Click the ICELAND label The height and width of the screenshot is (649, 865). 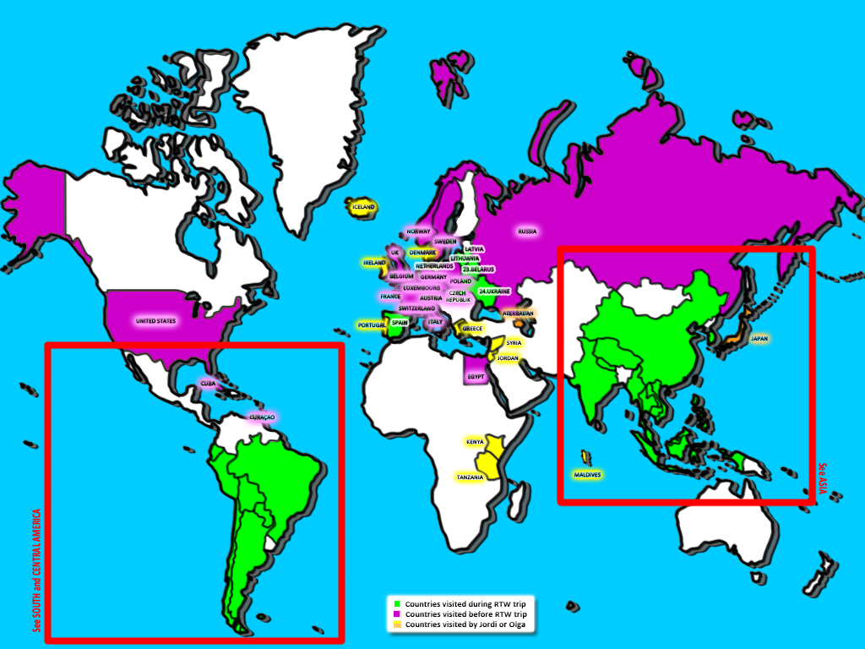point(363,206)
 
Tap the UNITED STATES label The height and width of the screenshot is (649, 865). point(156,321)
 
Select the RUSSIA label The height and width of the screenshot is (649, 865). point(527,231)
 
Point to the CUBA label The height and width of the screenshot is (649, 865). point(208,383)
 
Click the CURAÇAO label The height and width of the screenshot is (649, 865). point(261,417)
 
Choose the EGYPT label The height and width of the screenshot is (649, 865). point(475,376)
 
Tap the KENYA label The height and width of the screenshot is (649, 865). point(475,442)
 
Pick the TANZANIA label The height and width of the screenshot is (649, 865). point(471,477)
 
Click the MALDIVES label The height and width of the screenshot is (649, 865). point(588,475)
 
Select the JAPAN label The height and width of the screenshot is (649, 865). point(759,338)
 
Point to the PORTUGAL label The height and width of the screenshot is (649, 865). point(372,324)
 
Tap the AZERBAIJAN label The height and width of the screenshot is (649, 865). point(518,313)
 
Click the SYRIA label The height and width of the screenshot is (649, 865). point(514,343)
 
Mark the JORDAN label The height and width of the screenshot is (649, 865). point(508,358)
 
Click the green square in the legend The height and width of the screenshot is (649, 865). point(397,604)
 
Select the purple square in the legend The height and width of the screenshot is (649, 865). point(397,614)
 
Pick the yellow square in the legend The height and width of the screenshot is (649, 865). point(397,624)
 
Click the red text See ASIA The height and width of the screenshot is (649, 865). point(823,477)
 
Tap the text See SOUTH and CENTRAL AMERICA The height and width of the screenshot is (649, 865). point(36,570)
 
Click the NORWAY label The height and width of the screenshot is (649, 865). point(418,231)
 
